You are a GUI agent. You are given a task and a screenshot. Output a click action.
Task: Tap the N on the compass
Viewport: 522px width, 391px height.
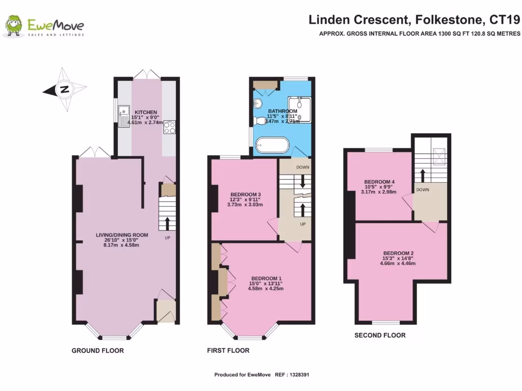click(64, 90)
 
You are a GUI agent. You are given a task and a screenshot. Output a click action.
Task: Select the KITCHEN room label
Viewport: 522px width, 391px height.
click(146, 112)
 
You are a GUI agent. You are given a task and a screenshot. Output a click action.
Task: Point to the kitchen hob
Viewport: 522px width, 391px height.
click(169, 128)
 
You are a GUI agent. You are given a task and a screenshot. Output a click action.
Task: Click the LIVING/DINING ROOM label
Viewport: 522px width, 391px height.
click(122, 235)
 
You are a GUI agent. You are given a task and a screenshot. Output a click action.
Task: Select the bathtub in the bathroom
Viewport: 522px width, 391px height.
click(272, 145)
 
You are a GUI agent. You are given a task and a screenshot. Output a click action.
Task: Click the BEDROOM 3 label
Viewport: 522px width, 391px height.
click(245, 194)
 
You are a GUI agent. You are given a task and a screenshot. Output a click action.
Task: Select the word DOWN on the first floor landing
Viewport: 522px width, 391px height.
click(303, 167)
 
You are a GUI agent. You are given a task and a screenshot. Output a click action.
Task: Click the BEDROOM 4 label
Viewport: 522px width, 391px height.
click(379, 182)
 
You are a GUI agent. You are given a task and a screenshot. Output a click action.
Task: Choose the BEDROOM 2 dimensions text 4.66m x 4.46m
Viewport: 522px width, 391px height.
click(398, 264)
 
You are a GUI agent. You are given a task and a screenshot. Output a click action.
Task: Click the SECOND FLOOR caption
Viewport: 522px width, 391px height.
click(380, 335)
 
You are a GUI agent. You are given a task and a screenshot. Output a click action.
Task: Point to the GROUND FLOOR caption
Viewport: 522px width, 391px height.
click(97, 350)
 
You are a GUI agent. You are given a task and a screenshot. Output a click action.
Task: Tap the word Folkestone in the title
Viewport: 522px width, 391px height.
click(448, 20)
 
